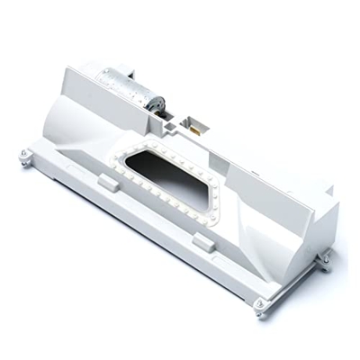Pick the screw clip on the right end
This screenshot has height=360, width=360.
point(324,257)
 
